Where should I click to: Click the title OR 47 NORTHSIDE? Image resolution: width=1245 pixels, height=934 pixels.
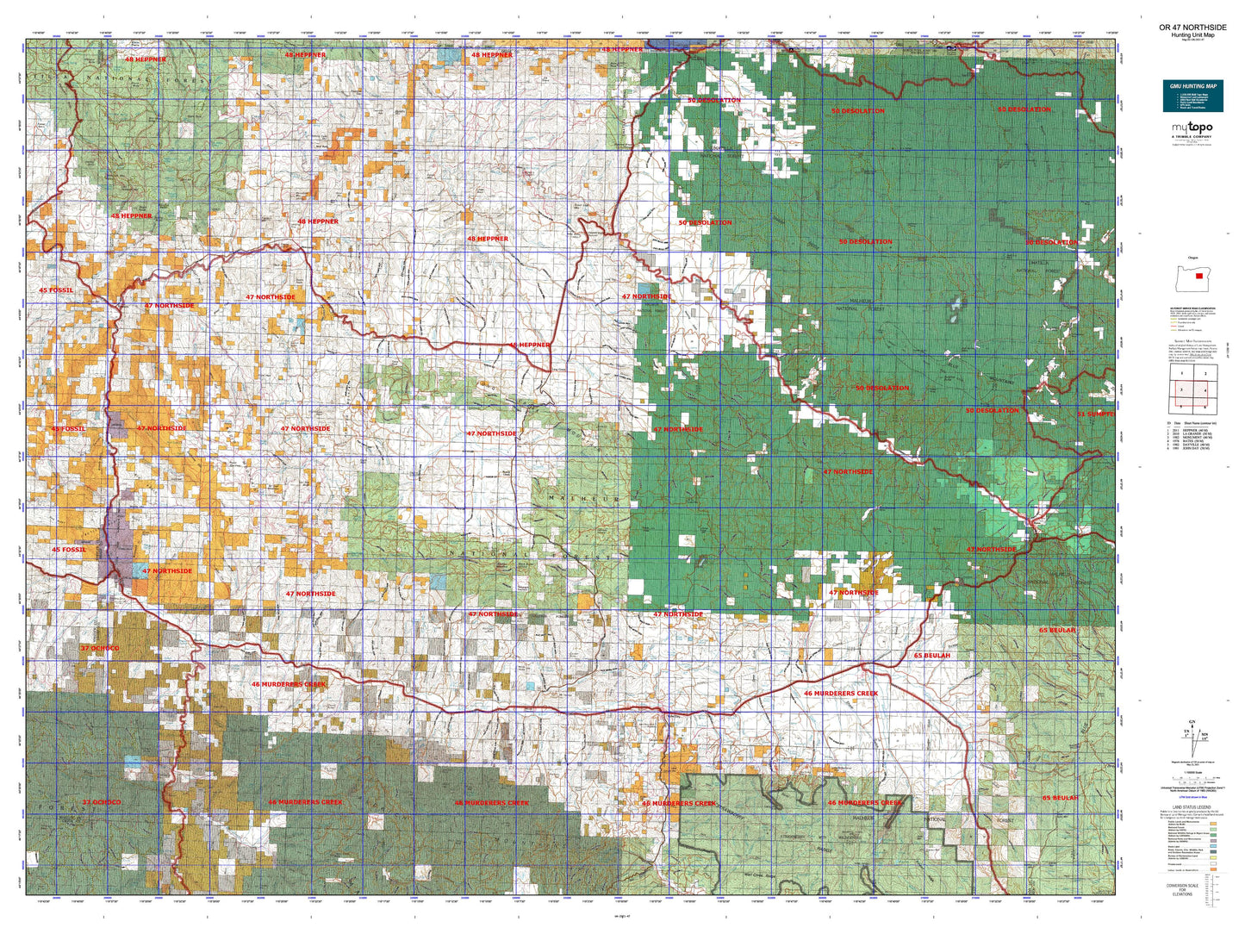click(1192, 28)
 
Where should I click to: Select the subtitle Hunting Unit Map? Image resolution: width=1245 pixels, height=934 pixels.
click(1192, 34)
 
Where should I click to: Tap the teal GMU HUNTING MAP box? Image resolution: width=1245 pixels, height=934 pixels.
click(1192, 97)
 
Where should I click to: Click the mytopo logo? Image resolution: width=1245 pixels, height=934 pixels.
click(1192, 128)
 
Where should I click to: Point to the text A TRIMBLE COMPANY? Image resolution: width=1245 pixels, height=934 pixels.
click(1192, 136)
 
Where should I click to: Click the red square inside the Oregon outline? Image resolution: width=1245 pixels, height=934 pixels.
click(1198, 276)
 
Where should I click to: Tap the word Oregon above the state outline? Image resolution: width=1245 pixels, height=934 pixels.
click(1192, 258)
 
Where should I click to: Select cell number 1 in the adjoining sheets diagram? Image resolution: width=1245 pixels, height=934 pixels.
click(1182, 373)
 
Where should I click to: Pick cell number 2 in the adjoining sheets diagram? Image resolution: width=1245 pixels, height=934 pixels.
click(1205, 373)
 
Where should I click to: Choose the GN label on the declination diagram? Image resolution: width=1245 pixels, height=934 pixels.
click(1192, 722)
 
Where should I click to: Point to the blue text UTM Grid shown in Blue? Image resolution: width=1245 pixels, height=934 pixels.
click(1192, 800)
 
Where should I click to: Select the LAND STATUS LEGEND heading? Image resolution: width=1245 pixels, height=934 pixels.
click(1192, 807)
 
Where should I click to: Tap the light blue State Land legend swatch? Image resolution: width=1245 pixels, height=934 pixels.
click(1213, 848)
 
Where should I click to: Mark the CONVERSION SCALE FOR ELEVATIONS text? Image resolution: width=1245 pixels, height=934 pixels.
click(1182, 889)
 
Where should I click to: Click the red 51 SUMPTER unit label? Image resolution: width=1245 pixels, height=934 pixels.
click(1095, 414)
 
